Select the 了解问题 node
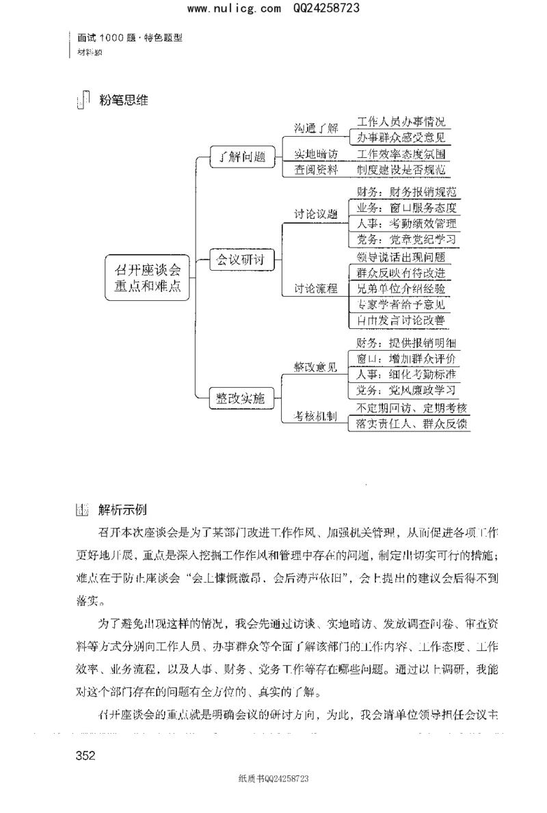click(x=237, y=155)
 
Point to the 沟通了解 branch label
click(x=316, y=128)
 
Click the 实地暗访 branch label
click(x=316, y=154)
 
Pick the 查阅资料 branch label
click(x=316, y=170)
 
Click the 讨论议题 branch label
click(x=316, y=213)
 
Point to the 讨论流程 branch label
click(x=316, y=289)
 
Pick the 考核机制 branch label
click(x=315, y=416)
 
